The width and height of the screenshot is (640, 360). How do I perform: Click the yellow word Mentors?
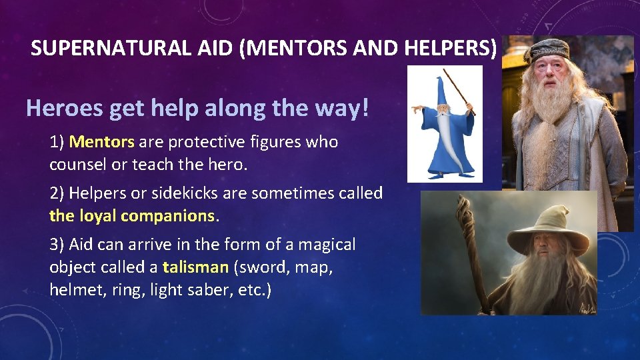[x=102, y=142]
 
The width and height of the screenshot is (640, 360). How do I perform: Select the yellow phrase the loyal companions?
[x=133, y=216]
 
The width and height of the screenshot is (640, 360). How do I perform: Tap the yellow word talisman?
[x=195, y=267]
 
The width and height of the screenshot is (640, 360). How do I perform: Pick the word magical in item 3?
[x=327, y=245]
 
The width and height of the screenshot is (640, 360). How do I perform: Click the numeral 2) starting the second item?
[x=57, y=193]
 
